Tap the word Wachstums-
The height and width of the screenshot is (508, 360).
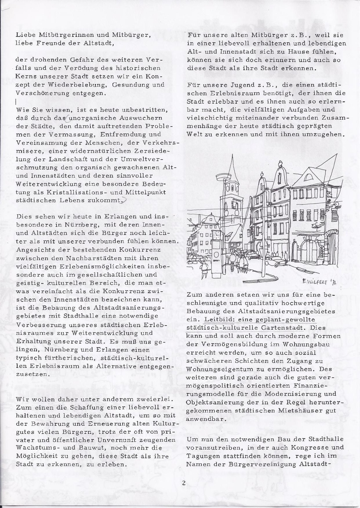coord(38,448)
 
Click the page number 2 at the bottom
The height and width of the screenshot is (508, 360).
coord(184,483)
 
